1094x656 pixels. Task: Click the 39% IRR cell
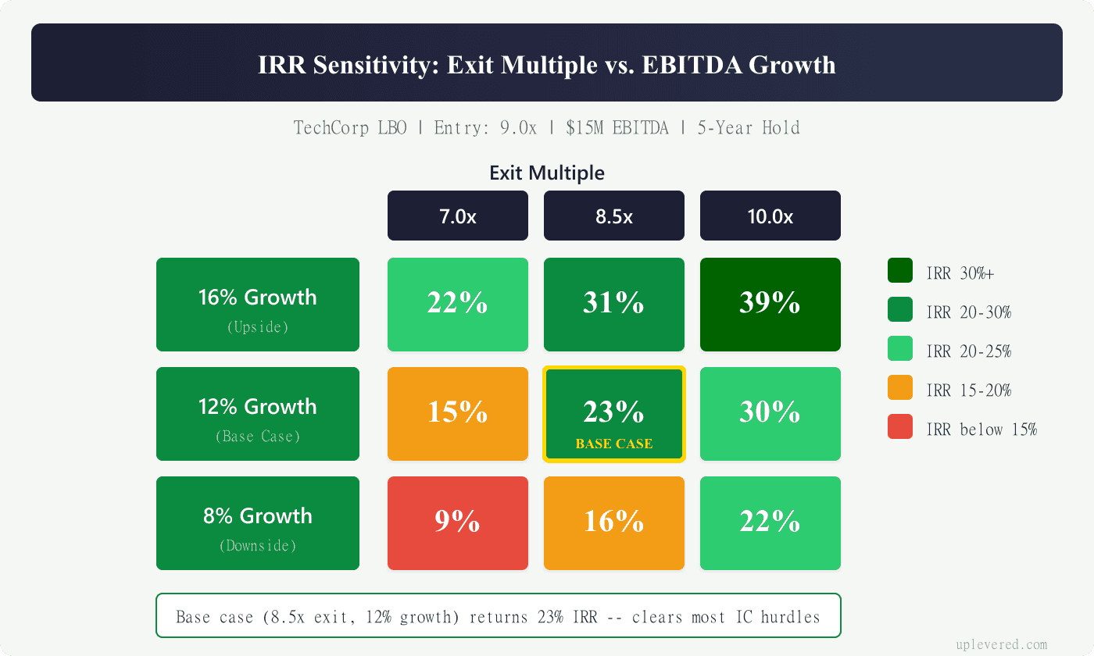tap(770, 304)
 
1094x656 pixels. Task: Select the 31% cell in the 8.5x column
tap(613, 304)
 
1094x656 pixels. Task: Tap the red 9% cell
tap(457, 522)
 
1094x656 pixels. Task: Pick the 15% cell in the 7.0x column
tap(457, 413)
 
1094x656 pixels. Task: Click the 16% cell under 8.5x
tap(613, 522)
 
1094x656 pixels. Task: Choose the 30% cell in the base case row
tap(770, 413)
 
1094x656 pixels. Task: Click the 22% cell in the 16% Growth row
tap(457, 304)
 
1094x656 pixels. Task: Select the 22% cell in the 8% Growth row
tap(770, 522)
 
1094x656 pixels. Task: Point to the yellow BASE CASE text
tap(613, 444)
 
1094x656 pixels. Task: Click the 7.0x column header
tap(457, 216)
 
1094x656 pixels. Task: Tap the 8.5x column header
tap(613, 216)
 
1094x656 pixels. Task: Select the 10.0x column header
tap(770, 216)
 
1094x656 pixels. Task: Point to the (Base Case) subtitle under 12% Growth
tap(258, 437)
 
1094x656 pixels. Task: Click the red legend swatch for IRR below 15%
tap(900, 427)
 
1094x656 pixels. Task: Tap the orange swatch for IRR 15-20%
tap(900, 388)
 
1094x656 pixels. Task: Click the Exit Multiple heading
tap(547, 173)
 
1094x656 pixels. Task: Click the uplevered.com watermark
tap(1001, 644)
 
